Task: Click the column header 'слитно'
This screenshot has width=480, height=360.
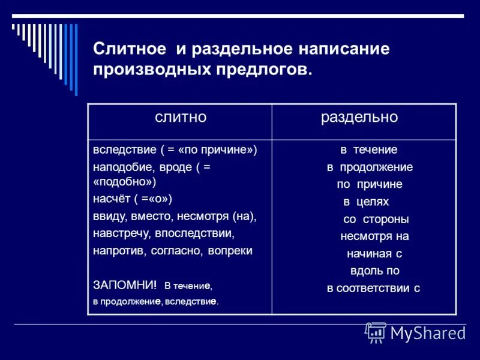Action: click(181, 118)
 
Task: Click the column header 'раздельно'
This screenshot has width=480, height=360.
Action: click(359, 118)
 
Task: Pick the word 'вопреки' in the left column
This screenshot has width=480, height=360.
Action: click(230, 250)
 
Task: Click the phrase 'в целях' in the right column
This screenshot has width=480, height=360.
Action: click(366, 202)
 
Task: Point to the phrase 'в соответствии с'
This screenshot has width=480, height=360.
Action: click(373, 288)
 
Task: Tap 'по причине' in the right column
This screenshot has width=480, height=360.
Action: click(369, 184)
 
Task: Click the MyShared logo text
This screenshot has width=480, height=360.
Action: click(427, 332)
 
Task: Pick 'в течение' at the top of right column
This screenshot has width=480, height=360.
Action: click(369, 149)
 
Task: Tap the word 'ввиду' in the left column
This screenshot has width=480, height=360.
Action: click(107, 215)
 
